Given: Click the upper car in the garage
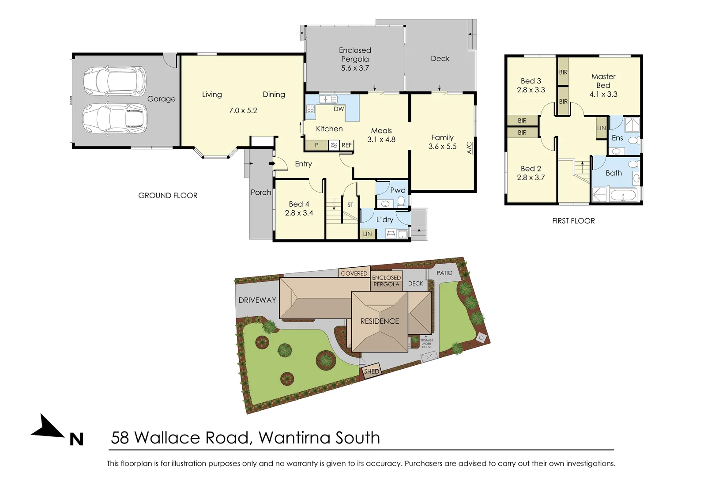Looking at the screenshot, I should click(x=115, y=82).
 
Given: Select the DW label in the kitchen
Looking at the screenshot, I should click(x=339, y=109).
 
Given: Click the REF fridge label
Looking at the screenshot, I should click(x=346, y=145).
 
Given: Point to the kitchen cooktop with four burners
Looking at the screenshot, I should click(x=311, y=109).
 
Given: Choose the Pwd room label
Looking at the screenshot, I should click(x=398, y=190).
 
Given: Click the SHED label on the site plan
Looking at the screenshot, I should click(x=371, y=371).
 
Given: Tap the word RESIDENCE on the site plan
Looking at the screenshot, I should click(x=380, y=321).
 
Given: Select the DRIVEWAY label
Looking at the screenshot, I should click(x=257, y=300).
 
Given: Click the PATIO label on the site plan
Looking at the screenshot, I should click(x=444, y=273).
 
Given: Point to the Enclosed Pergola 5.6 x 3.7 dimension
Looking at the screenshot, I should click(x=355, y=68).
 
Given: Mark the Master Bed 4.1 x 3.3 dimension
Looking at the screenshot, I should click(x=603, y=94).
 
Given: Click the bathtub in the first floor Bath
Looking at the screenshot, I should click(x=623, y=195).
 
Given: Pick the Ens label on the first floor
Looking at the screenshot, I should click(x=617, y=138).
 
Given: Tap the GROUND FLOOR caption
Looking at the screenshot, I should click(x=168, y=196).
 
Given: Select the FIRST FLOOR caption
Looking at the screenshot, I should click(x=573, y=221).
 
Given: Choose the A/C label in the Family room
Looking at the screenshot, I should click(x=469, y=148).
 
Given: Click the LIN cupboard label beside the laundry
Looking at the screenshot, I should click(x=367, y=234).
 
